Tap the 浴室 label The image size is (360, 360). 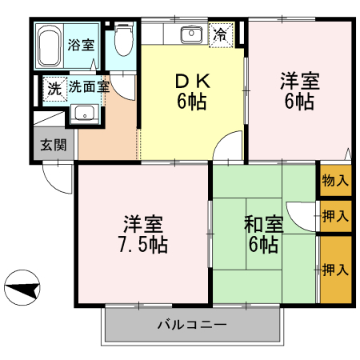(x=82, y=45)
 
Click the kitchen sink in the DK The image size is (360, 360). (x=191, y=34)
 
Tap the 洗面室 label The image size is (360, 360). (x=88, y=86)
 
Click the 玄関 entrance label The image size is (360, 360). (x=54, y=145)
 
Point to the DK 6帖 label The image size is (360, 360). (x=190, y=92)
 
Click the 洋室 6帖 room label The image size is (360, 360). (x=299, y=90)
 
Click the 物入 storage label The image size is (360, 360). (x=335, y=182)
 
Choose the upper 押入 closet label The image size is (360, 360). (x=335, y=215)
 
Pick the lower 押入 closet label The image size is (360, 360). (x=335, y=269)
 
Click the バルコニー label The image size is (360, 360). (x=191, y=326)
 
